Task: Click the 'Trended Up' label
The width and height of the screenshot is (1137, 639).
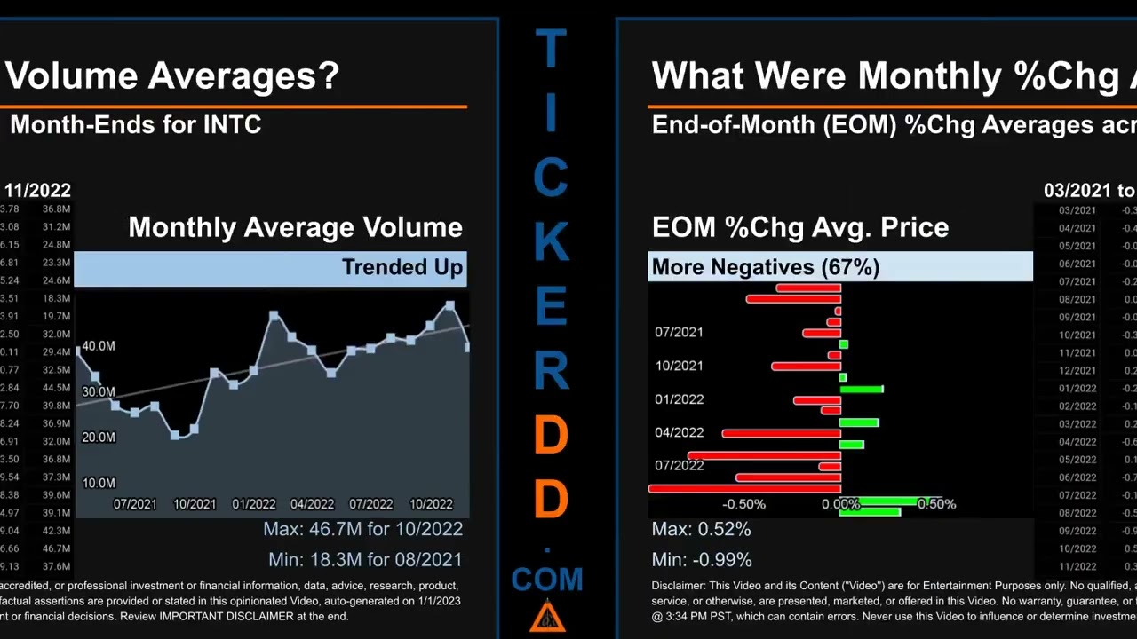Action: click(x=402, y=267)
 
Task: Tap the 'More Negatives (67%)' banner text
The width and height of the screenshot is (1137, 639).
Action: click(x=765, y=267)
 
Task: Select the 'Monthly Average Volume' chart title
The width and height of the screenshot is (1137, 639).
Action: click(x=295, y=227)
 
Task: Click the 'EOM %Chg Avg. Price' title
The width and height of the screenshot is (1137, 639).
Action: click(x=799, y=227)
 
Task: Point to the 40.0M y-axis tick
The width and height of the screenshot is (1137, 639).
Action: click(x=99, y=346)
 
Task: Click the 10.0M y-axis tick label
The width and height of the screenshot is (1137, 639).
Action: click(x=99, y=483)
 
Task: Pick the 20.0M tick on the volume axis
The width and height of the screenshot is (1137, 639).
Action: click(x=99, y=438)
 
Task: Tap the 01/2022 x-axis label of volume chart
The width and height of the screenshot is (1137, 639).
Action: click(x=254, y=504)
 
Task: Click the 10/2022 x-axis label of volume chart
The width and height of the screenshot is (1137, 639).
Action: click(x=431, y=504)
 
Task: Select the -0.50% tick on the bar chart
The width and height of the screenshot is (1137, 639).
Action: click(x=743, y=504)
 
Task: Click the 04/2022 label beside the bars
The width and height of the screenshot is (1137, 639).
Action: click(x=679, y=433)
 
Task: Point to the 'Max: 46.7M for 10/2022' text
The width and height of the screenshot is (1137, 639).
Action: click(x=362, y=529)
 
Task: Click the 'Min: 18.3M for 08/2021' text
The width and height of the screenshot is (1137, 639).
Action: click(x=365, y=560)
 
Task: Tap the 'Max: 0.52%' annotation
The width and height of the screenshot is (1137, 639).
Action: click(x=701, y=529)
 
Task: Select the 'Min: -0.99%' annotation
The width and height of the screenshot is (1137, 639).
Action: click(x=702, y=560)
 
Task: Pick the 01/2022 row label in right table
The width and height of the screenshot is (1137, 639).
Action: click(x=1077, y=389)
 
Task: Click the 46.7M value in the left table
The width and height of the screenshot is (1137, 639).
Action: click(x=56, y=548)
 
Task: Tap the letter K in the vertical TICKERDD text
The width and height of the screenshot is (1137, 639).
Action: click(x=551, y=241)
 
